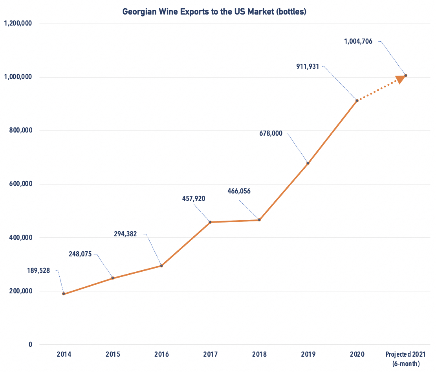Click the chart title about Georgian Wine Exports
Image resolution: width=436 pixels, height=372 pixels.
(214, 12)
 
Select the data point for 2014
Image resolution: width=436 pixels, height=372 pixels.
(64, 294)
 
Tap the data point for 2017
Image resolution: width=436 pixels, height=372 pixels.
(210, 222)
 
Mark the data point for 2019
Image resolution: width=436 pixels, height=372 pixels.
(308, 163)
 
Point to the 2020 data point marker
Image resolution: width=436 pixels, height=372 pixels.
(357, 101)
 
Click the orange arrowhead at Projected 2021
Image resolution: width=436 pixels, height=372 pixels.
(400, 79)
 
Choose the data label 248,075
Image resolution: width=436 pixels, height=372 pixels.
(80, 254)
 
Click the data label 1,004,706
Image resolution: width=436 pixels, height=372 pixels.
(358, 41)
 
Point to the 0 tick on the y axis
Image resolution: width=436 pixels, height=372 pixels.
(30, 345)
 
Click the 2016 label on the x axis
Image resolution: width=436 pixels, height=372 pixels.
(161, 354)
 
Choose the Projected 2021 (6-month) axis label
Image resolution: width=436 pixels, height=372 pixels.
(406, 359)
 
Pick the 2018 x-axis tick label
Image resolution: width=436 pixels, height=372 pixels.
(259, 354)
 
